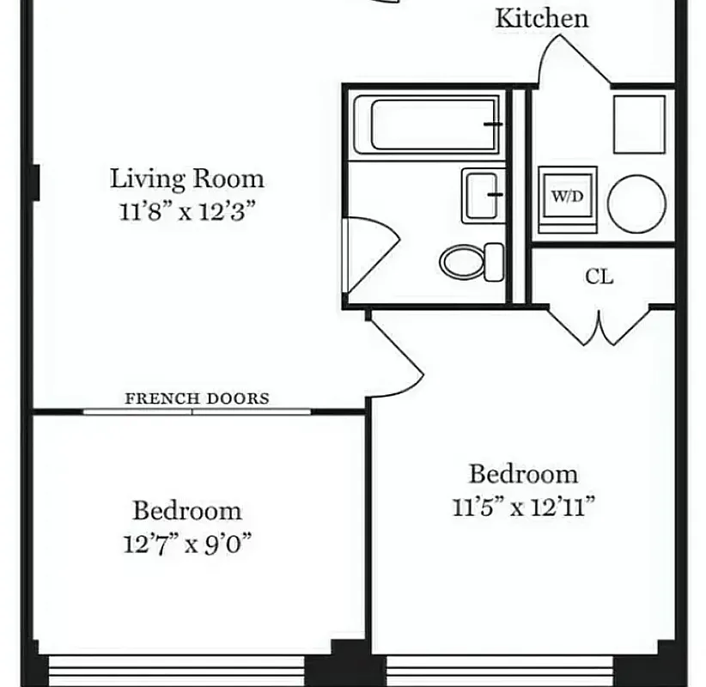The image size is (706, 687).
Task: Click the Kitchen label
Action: pyautogui.click(x=541, y=19)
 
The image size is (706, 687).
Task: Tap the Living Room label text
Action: pyautogui.click(x=186, y=179)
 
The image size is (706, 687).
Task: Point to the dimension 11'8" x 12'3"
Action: pyautogui.click(x=188, y=210)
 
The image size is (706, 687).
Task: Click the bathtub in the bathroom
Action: pyautogui.click(x=434, y=125)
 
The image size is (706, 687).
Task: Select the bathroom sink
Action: pyautogui.click(x=483, y=195)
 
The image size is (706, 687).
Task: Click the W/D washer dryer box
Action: pyautogui.click(x=566, y=196)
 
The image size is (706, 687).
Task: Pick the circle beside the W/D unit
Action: pyautogui.click(x=636, y=204)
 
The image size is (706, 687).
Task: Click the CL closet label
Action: pyautogui.click(x=599, y=277)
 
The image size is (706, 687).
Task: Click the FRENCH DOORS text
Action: pyautogui.click(x=197, y=398)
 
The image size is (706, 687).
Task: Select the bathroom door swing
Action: pyautogui.click(x=368, y=255)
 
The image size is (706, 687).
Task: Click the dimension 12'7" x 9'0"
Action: pyautogui.click(x=186, y=544)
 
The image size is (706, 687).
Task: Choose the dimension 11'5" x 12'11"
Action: pyautogui.click(x=524, y=507)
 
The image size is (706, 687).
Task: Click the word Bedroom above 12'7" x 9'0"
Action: pyautogui.click(x=186, y=511)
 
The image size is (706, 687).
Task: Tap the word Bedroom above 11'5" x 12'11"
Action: pyautogui.click(x=522, y=474)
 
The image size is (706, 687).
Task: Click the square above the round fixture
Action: pyautogui.click(x=639, y=125)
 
